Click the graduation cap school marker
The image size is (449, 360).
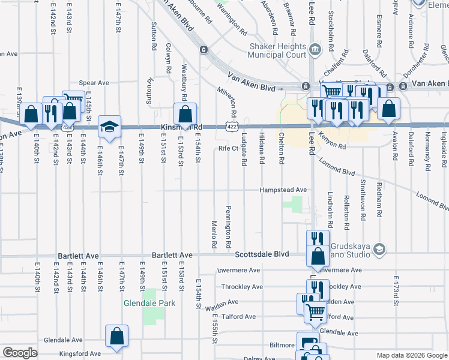click(109, 126)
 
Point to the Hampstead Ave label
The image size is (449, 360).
click(283, 190)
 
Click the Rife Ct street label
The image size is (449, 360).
click(228, 148)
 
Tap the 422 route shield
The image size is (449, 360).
click(232, 127)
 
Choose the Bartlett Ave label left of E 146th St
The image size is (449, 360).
click(78, 256)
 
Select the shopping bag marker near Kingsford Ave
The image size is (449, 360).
click(116, 336)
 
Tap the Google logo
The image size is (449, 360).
click(20, 353)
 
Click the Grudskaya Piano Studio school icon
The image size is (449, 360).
click(378, 248)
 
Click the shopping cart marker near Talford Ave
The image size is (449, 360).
click(315, 312)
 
